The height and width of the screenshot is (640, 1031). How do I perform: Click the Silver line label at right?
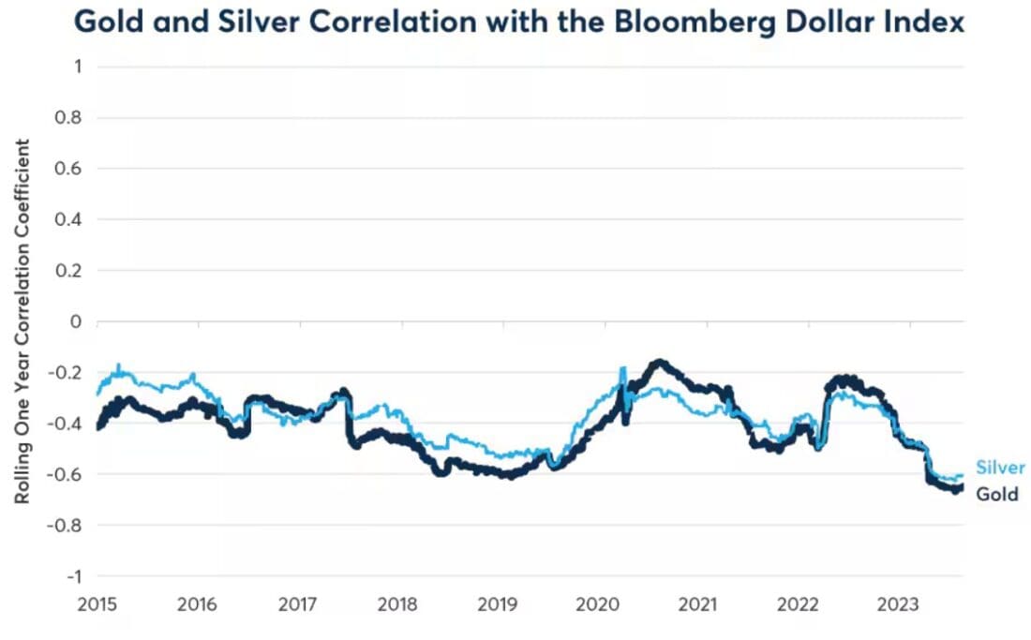point(1000,468)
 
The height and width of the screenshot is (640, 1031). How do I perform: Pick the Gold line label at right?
point(996,494)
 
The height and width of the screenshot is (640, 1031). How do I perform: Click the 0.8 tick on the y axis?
point(70,118)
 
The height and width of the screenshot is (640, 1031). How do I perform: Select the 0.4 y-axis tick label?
point(70,219)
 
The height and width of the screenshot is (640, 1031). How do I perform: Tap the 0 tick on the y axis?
point(76,321)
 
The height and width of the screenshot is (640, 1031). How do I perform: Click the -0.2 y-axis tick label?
point(67,372)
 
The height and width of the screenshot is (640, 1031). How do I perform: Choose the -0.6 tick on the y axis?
point(67,473)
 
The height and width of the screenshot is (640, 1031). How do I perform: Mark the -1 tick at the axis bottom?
point(73,575)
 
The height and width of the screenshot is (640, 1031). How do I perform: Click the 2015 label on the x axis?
point(97,604)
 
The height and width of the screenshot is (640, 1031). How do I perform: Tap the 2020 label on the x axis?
point(595,604)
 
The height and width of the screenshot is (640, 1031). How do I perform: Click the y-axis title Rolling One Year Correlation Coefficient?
point(22,321)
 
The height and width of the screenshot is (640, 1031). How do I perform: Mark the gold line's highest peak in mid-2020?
point(661,362)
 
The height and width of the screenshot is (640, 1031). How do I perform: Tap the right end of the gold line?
point(961,484)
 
